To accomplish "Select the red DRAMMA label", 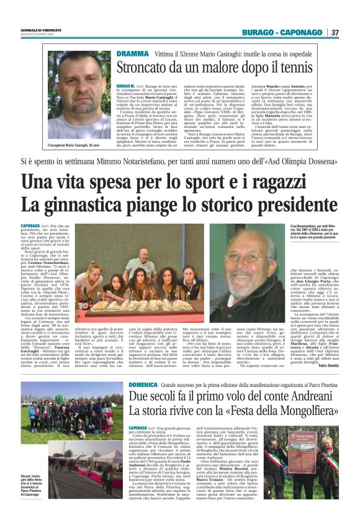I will (x=132, y=54).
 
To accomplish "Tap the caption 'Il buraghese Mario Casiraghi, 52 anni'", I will (x=73, y=145).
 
